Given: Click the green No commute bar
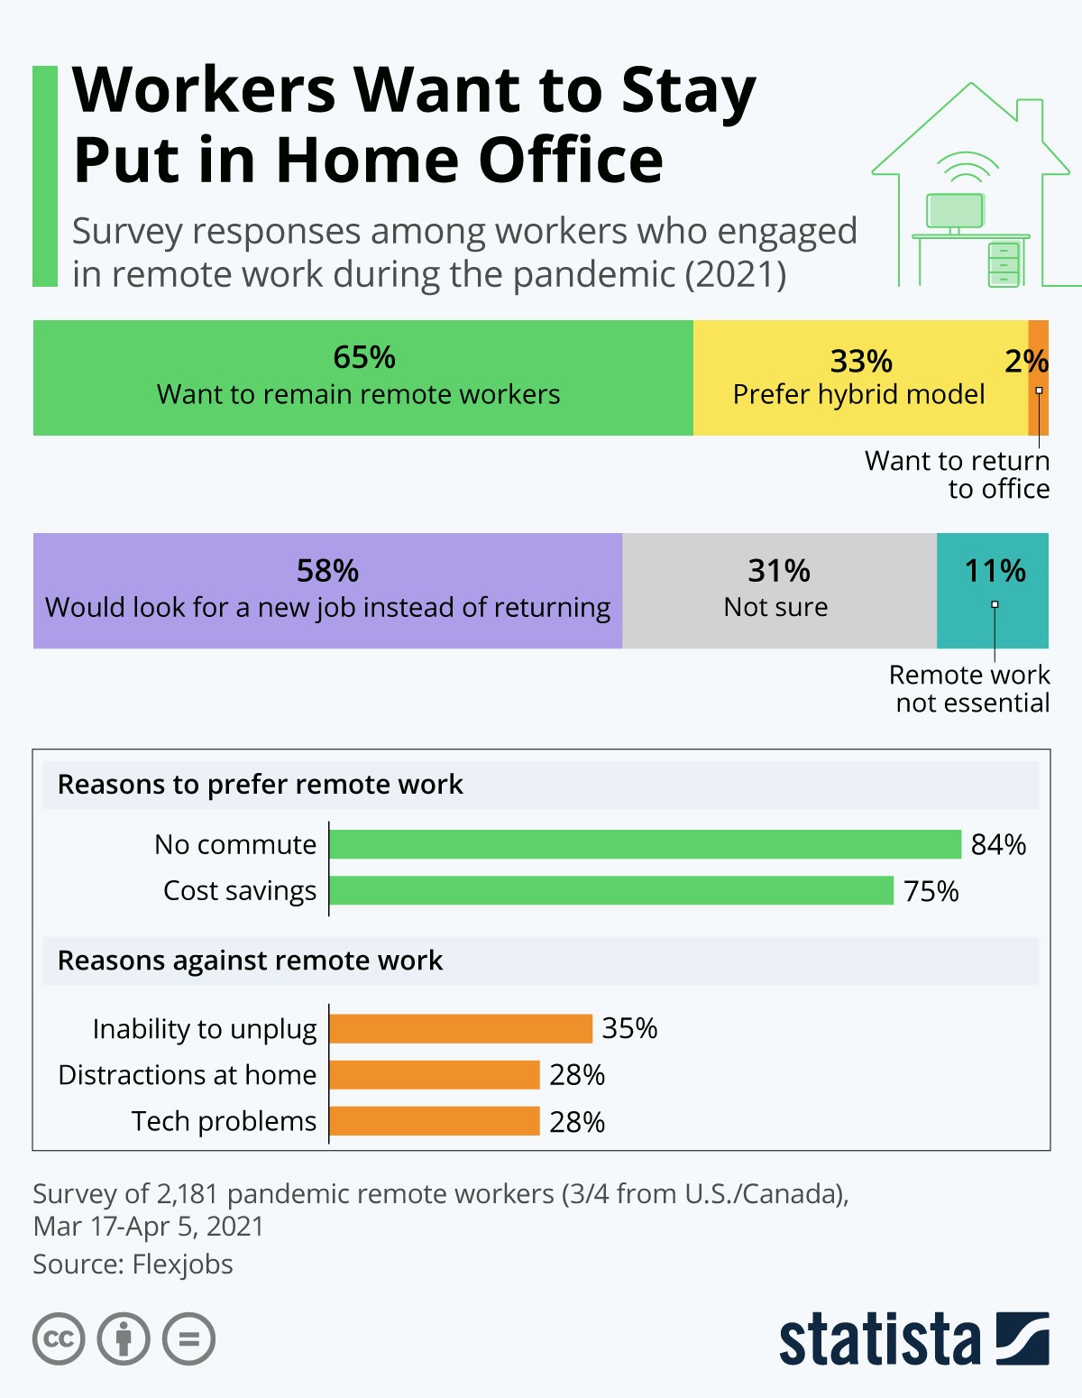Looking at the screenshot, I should (x=646, y=844).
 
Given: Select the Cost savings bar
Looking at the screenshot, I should (x=611, y=890).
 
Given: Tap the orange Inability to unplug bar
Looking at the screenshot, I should (x=461, y=1028).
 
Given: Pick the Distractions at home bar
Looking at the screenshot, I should (x=435, y=1075).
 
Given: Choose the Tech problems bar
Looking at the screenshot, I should (x=435, y=1121).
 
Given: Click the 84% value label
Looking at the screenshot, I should (x=998, y=845).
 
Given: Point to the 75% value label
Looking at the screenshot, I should (x=931, y=891).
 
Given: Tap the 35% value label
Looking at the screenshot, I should (x=629, y=1028).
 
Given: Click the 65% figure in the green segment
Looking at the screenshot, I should (x=364, y=357).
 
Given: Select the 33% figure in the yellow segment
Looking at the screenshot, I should (x=861, y=361).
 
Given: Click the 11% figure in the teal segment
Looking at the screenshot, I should (x=995, y=571).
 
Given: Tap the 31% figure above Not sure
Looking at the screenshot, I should (x=779, y=571).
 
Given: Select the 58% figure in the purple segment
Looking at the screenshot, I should (x=327, y=571).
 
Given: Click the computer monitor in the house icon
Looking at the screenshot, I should (x=955, y=211).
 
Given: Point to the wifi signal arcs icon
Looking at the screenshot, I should (x=967, y=168).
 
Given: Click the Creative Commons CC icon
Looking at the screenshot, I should (x=59, y=1338).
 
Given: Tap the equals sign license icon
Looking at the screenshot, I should (x=188, y=1338).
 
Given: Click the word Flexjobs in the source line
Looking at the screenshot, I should (x=182, y=1265).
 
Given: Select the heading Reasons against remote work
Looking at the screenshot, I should (x=250, y=961).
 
